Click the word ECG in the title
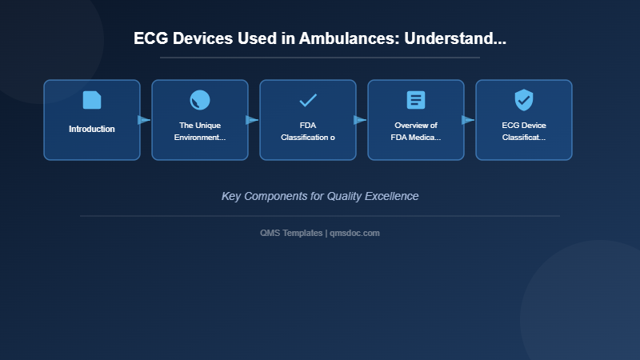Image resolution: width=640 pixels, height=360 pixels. click(x=151, y=38)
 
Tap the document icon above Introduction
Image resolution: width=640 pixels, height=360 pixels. click(x=92, y=100)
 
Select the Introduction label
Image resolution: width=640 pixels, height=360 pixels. click(x=92, y=129)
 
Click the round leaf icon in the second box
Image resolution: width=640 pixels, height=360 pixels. click(x=200, y=100)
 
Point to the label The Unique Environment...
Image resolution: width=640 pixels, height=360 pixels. click(x=200, y=131)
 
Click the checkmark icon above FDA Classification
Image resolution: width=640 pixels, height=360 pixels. click(x=308, y=100)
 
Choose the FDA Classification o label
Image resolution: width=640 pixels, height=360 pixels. click(x=308, y=131)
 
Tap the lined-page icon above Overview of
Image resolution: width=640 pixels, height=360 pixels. click(x=416, y=100)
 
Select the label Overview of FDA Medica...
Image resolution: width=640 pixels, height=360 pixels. click(x=416, y=131)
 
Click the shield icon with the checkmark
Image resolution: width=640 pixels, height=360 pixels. click(x=524, y=100)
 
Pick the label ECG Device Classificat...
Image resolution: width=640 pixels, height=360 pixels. click(x=524, y=131)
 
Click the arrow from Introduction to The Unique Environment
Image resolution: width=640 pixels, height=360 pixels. click(x=144, y=120)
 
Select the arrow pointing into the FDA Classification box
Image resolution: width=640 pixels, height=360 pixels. click(x=252, y=120)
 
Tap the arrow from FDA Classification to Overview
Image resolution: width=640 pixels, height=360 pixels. click(x=360, y=120)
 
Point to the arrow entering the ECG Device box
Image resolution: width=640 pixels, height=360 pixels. click(x=468, y=120)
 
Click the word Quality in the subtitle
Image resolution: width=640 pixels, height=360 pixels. click(x=345, y=196)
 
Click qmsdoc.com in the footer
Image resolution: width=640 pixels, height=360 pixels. click(x=355, y=233)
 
